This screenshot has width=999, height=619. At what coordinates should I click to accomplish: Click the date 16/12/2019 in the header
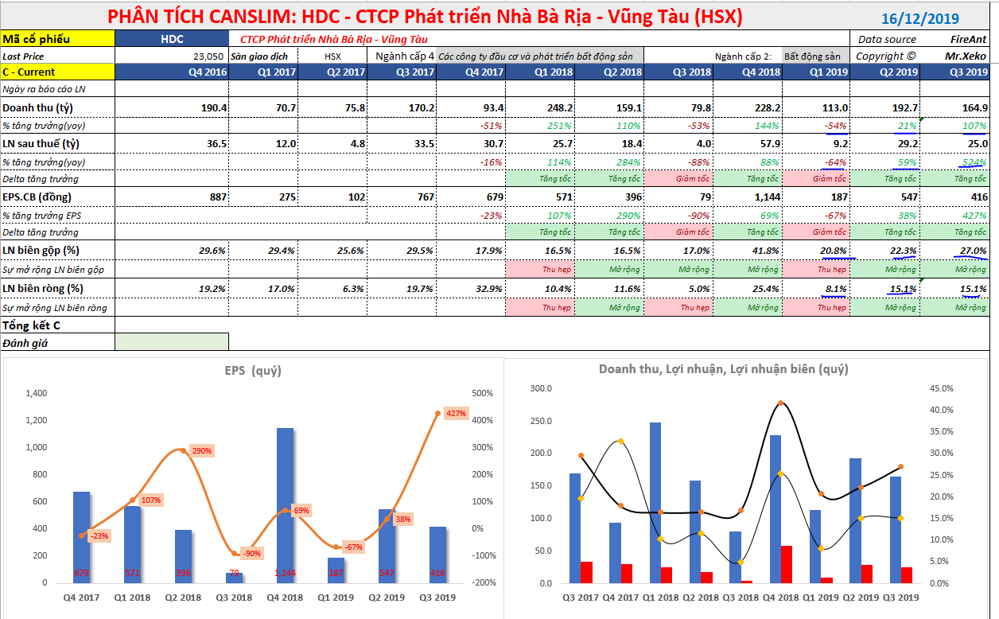click(920, 19)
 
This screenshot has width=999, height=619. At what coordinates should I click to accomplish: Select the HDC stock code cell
click(172, 39)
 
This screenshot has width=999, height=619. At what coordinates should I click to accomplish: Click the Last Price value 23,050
click(208, 56)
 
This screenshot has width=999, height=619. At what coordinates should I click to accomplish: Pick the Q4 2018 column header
click(749, 72)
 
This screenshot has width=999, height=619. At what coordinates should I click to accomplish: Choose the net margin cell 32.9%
click(489, 289)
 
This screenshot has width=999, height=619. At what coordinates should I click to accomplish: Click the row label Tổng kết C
click(31, 325)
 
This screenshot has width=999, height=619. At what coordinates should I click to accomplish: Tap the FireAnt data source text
click(967, 39)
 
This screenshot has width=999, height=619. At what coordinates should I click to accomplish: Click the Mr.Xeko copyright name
click(965, 56)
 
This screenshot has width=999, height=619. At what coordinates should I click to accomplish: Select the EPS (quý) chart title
click(253, 370)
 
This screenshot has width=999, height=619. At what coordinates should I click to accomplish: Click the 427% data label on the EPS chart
click(456, 414)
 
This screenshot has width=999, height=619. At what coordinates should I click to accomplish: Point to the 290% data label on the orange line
click(201, 451)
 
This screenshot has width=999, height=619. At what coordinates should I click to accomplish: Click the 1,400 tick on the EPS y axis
click(37, 393)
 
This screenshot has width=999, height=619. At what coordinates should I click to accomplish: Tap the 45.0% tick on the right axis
click(942, 388)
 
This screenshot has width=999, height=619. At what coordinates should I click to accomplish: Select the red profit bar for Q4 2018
click(787, 564)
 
